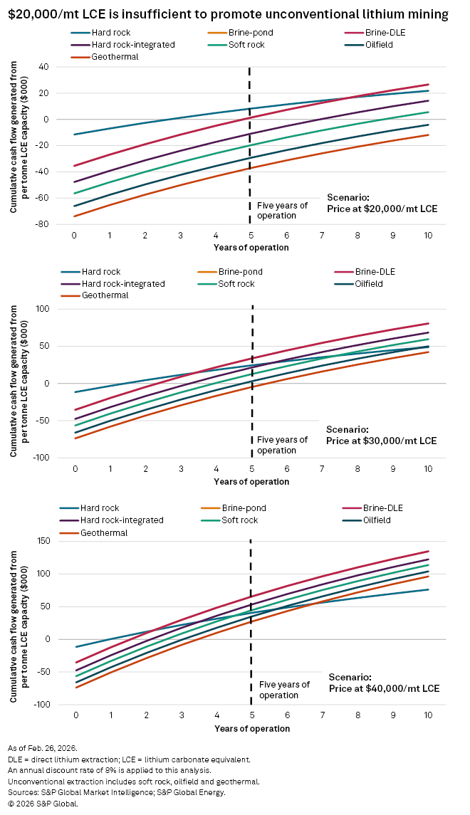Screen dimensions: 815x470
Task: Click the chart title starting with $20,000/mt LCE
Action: tap(229, 13)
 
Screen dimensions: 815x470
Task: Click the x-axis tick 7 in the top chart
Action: tap(322, 235)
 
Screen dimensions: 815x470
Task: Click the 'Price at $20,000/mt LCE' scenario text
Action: tap(382, 209)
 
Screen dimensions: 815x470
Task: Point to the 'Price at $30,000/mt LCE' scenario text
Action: tap(381, 441)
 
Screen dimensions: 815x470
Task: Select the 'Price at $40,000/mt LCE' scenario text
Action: tap(384, 689)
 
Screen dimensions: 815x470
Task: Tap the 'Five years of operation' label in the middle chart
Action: tap(282, 445)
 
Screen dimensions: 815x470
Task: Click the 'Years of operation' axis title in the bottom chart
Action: tap(252, 729)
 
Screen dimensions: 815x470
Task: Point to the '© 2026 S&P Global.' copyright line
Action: tap(44, 804)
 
